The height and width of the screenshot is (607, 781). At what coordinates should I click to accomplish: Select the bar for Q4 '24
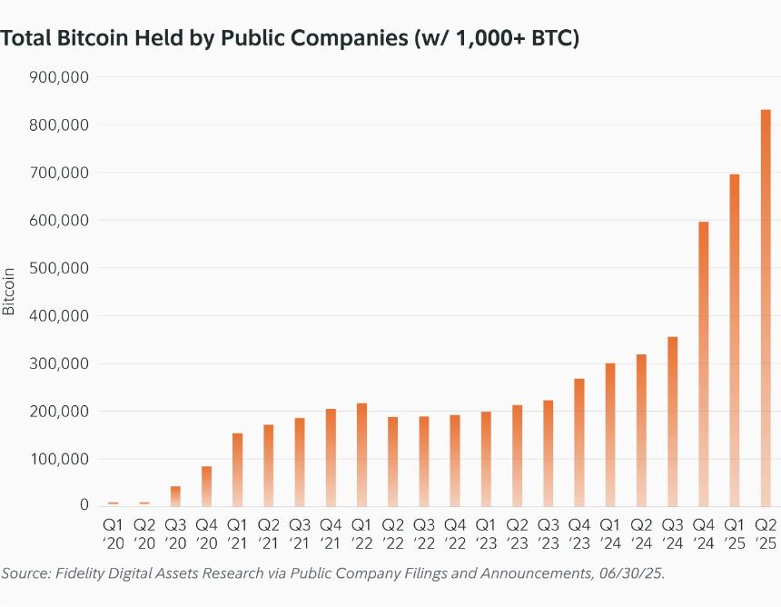(x=703, y=363)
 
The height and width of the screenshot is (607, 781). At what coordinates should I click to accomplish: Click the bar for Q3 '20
(x=175, y=496)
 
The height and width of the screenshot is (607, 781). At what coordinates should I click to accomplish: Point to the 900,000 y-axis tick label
(x=59, y=77)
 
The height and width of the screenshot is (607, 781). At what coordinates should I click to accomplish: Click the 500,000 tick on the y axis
(x=59, y=268)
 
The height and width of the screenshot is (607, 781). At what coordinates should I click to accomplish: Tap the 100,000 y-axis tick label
(x=59, y=459)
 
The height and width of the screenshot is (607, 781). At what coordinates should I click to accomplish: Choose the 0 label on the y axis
(x=84, y=505)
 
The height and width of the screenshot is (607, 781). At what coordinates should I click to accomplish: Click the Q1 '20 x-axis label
(x=113, y=533)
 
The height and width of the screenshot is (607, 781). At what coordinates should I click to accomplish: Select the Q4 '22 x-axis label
(x=455, y=533)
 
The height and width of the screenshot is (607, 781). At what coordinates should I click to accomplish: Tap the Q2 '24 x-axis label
(x=641, y=533)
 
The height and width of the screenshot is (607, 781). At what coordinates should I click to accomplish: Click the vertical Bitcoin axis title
(x=9, y=291)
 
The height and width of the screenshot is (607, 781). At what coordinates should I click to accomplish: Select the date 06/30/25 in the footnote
(x=638, y=573)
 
